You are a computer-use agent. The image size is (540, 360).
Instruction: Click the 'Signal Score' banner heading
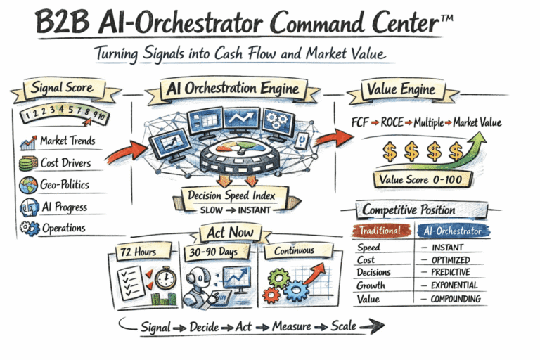(x=62, y=89)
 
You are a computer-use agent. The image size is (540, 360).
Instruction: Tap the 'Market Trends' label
(x=68, y=141)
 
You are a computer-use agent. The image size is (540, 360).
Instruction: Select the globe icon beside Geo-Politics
(x=29, y=185)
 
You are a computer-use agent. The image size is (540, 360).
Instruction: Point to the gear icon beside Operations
(x=29, y=229)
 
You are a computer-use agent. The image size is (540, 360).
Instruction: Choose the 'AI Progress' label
(x=65, y=207)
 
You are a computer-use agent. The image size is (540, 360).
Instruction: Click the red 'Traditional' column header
(x=380, y=230)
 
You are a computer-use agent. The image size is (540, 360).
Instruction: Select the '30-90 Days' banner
(x=217, y=251)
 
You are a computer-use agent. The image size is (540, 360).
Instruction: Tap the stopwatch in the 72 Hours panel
(x=166, y=277)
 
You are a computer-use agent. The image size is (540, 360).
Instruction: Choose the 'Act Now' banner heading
(x=231, y=231)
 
